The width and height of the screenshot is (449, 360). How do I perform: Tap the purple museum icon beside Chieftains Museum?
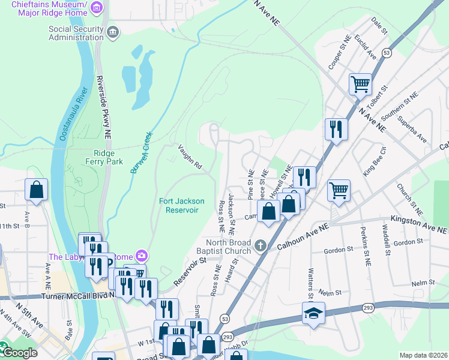pos(98,7)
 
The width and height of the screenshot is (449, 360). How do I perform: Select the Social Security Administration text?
pos(76,33)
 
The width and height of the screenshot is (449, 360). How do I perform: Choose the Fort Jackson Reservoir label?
pos(181,205)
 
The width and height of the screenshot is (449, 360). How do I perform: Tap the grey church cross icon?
pos(261,245)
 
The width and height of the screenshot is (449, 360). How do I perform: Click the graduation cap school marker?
pos(313,314)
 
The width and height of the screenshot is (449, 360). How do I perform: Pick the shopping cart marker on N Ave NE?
pos(360,83)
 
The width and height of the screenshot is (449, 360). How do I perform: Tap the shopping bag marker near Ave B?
pos(36,189)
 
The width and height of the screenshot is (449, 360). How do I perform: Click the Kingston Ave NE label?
pos(419,226)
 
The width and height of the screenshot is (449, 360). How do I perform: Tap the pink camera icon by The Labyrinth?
pos(140,256)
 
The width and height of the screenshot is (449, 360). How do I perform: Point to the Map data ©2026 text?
pos(423,355)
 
